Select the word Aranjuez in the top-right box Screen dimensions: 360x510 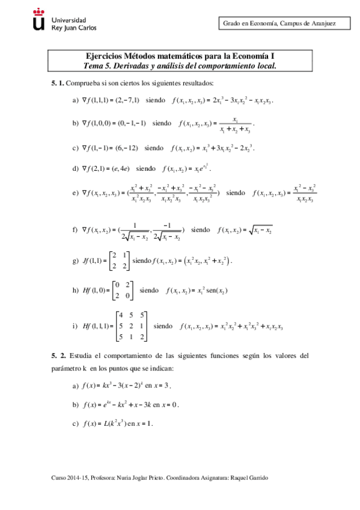[322, 23]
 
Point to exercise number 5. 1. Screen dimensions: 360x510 [57, 82]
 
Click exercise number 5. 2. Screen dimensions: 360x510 [57, 355]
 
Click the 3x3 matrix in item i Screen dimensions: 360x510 [130, 326]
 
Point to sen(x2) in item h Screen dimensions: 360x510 [216, 291]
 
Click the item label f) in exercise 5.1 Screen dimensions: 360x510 [75, 230]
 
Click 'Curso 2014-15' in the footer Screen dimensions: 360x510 [70, 477]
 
